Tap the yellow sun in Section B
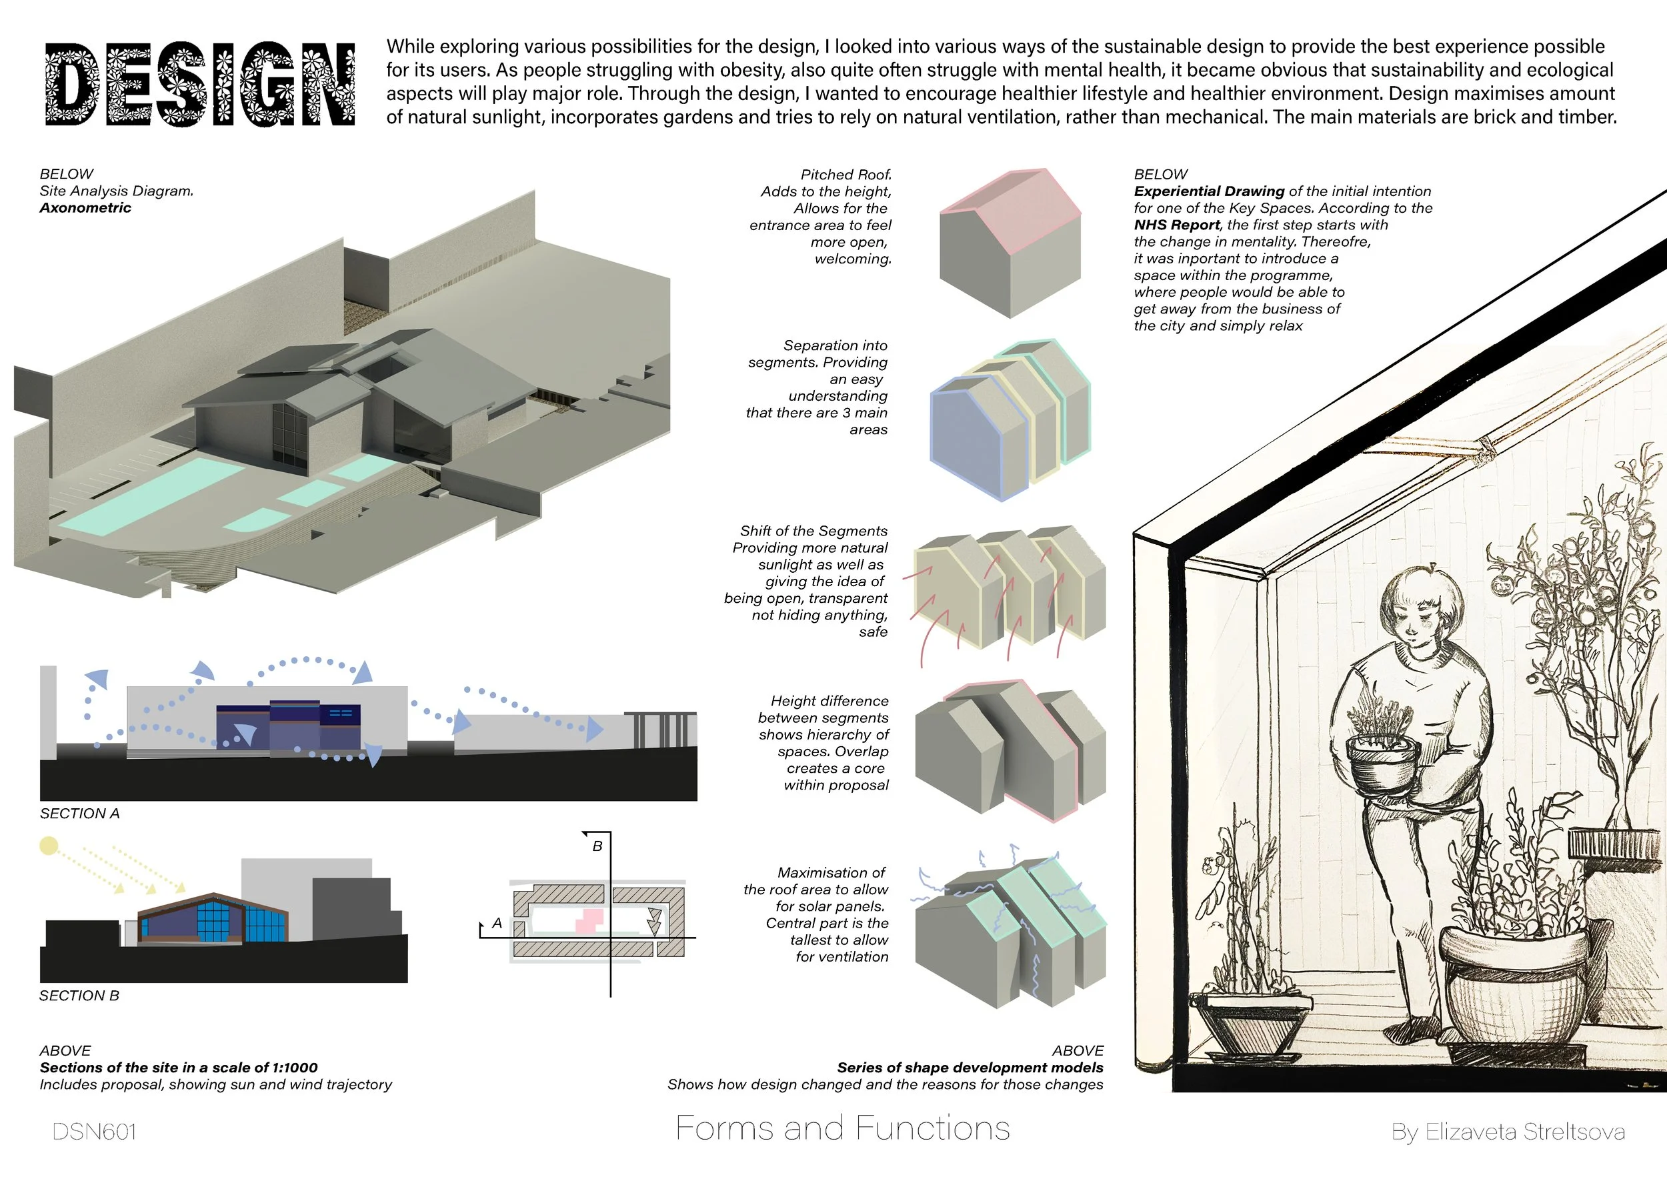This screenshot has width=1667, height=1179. [x=49, y=846]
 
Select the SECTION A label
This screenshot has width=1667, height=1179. [x=80, y=814]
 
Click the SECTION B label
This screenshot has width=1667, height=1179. [x=79, y=996]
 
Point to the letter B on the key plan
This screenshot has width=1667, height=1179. [x=597, y=846]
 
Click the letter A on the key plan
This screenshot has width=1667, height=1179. [x=497, y=924]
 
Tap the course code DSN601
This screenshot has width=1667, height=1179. [x=95, y=1132]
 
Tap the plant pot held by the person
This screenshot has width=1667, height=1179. [x=1382, y=762]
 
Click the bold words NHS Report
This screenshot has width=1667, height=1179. [x=1176, y=225]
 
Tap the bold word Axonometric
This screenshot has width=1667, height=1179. [x=85, y=208]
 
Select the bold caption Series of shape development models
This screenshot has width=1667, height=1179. [x=970, y=1068]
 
